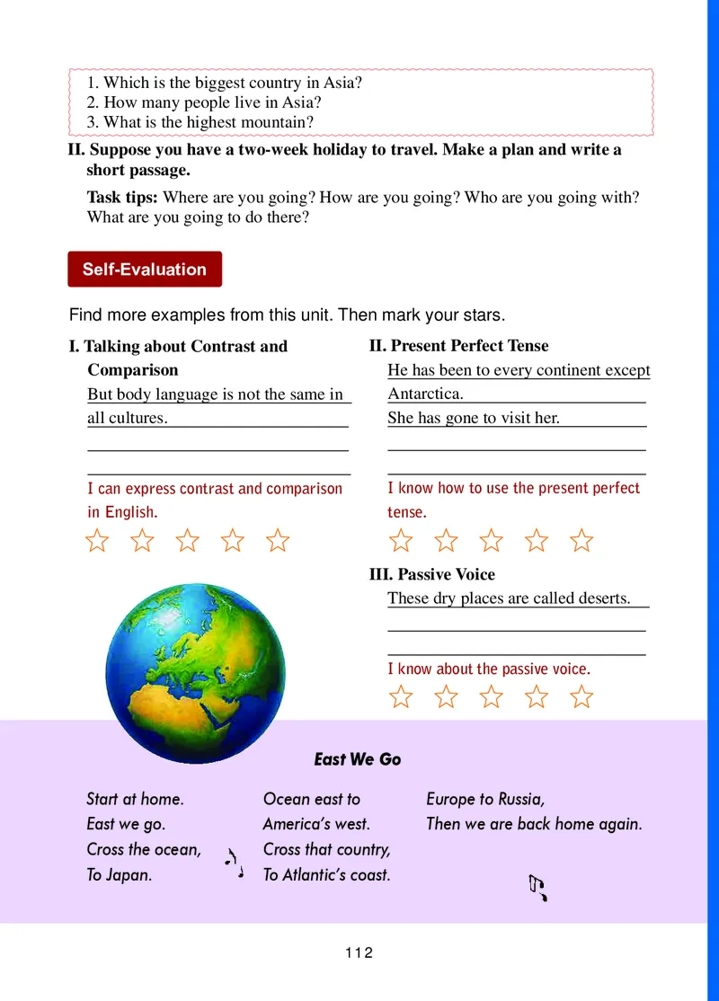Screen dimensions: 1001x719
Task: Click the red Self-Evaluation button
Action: [145, 269]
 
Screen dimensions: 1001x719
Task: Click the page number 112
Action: [359, 952]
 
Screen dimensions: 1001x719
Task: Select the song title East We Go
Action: [358, 759]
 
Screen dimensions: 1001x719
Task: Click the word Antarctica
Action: [425, 394]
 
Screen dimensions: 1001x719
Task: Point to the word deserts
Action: [601, 598]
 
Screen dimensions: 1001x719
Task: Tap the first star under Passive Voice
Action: [401, 696]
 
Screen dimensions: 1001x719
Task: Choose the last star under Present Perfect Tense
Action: [582, 540]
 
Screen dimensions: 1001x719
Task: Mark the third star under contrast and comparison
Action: [188, 540]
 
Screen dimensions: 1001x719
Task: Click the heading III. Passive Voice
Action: [432, 574]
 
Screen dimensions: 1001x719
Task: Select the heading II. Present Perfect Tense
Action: [458, 346]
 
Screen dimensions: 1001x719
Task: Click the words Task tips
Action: [122, 197]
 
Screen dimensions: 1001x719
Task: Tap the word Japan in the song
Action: [128, 874]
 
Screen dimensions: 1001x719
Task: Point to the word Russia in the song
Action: [521, 799]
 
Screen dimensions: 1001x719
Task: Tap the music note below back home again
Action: [537, 888]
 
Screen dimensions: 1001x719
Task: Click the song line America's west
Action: [316, 823]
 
